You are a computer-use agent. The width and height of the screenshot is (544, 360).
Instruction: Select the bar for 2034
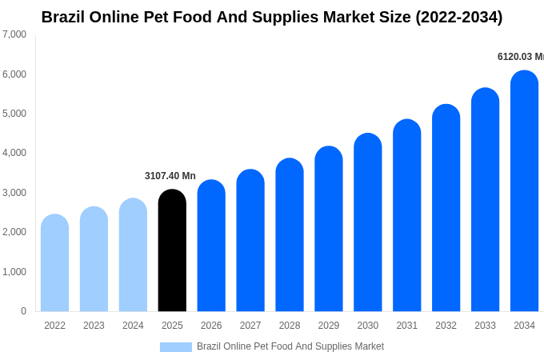pyautogui.click(x=524, y=191)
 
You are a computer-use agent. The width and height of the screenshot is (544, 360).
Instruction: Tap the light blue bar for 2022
pyautogui.click(x=54, y=263)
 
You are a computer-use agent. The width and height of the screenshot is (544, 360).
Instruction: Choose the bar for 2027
pyautogui.click(x=250, y=241)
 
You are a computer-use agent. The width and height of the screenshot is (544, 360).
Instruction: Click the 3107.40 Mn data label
pyautogui.click(x=170, y=176)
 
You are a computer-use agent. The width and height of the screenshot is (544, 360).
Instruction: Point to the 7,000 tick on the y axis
pyautogui.click(x=14, y=34)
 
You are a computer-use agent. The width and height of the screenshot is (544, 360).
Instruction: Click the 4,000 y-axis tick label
pyautogui.click(x=14, y=153)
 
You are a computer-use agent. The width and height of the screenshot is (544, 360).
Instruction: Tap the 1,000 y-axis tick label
pyautogui.click(x=14, y=272)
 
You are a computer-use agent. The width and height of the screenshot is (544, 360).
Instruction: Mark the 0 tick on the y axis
pyautogui.click(x=23, y=311)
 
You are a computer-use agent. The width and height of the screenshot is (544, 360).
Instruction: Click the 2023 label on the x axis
pyautogui.click(x=94, y=326)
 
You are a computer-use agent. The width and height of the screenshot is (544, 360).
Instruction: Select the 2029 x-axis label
pyautogui.click(x=329, y=326)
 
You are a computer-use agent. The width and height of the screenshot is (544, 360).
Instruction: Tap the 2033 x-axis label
pyautogui.click(x=485, y=326)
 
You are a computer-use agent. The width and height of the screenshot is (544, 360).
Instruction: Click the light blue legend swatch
pyautogui.click(x=175, y=347)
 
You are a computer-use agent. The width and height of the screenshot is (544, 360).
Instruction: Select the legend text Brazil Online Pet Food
pyautogui.click(x=290, y=346)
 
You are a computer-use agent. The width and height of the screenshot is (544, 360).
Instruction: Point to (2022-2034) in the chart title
pyautogui.click(x=458, y=17)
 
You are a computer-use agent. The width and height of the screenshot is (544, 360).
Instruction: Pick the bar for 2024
pyautogui.click(x=133, y=255)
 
